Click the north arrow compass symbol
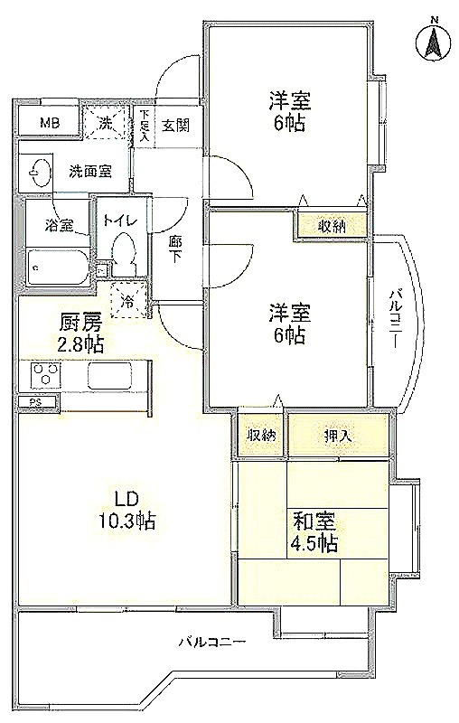coord(434,42)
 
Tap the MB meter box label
coord(51,123)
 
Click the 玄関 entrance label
coord(175,126)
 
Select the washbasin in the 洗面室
coord(37,172)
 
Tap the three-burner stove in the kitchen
coord(45,373)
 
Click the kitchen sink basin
coord(109,373)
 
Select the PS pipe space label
coord(35,402)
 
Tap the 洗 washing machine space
coord(106,123)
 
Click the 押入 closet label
coord(338,436)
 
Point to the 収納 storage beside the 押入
coord(260,436)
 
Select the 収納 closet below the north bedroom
coord(332,227)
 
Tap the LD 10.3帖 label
coord(126,511)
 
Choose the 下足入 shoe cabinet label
coord(144,125)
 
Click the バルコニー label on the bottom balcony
coord(213,642)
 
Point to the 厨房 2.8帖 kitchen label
coord(80,334)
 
